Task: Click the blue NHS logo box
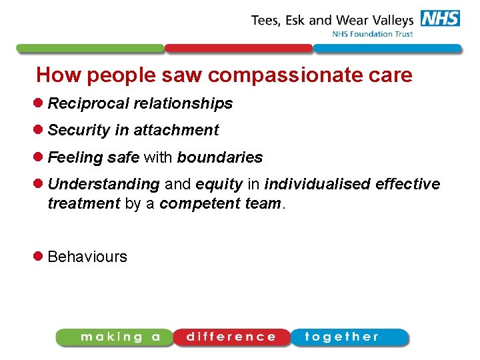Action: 440,18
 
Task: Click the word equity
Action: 219,184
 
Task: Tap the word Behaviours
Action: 87,257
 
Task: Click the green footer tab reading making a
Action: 115,337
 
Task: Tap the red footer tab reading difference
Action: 231,337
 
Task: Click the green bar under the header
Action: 90,49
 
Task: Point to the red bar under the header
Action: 239,49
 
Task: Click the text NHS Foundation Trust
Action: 373,34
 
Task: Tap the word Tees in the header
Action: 267,20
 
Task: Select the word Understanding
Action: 103,184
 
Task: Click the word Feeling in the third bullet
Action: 75,158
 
